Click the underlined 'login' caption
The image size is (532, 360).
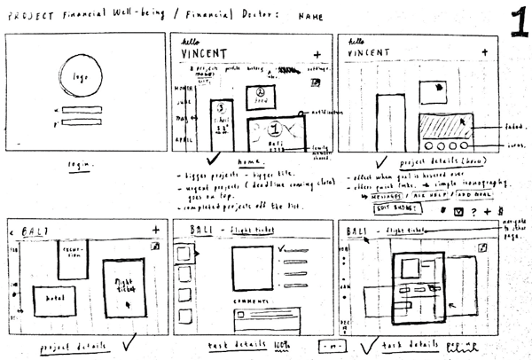(x=81, y=165)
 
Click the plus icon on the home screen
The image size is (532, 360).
(x=317, y=53)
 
